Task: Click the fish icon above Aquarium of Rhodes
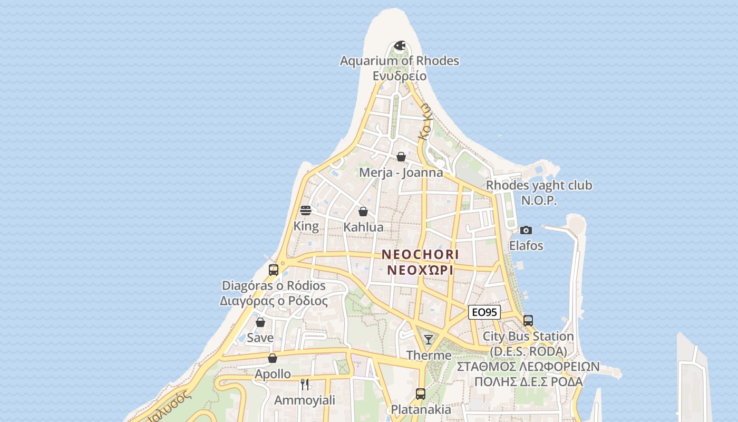point(400,46)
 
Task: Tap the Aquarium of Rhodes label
point(399,61)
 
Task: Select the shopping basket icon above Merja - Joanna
point(401,157)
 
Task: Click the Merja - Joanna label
point(401,172)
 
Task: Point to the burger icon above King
point(306,210)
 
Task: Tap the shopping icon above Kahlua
point(363,212)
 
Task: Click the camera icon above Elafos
point(526,230)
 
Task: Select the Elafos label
point(526,246)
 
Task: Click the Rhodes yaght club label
point(539,186)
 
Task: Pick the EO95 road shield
point(484,312)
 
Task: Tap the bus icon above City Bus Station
point(528,320)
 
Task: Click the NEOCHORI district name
point(420,255)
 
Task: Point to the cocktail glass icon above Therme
point(429,339)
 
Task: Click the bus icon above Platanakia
point(420,394)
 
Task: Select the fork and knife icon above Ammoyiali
point(304,384)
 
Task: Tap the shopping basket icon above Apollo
point(273,358)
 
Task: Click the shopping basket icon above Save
point(260,322)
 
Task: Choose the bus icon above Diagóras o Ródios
point(273,270)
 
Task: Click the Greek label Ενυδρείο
point(399,76)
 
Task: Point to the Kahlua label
point(363,227)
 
